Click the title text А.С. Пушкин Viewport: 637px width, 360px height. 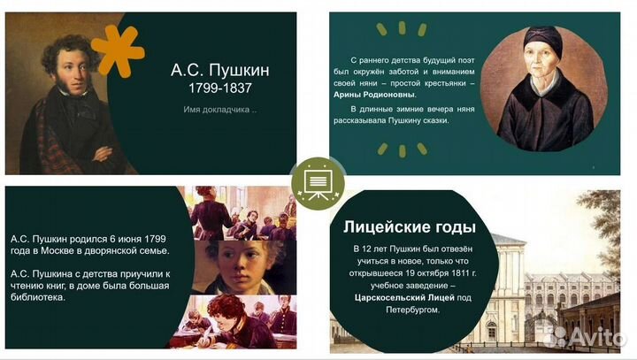tap(220, 69)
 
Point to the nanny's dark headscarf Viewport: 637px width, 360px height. tap(540, 37)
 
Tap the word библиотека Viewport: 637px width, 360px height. tap(42, 296)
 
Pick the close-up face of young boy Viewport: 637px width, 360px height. tap(235, 267)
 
